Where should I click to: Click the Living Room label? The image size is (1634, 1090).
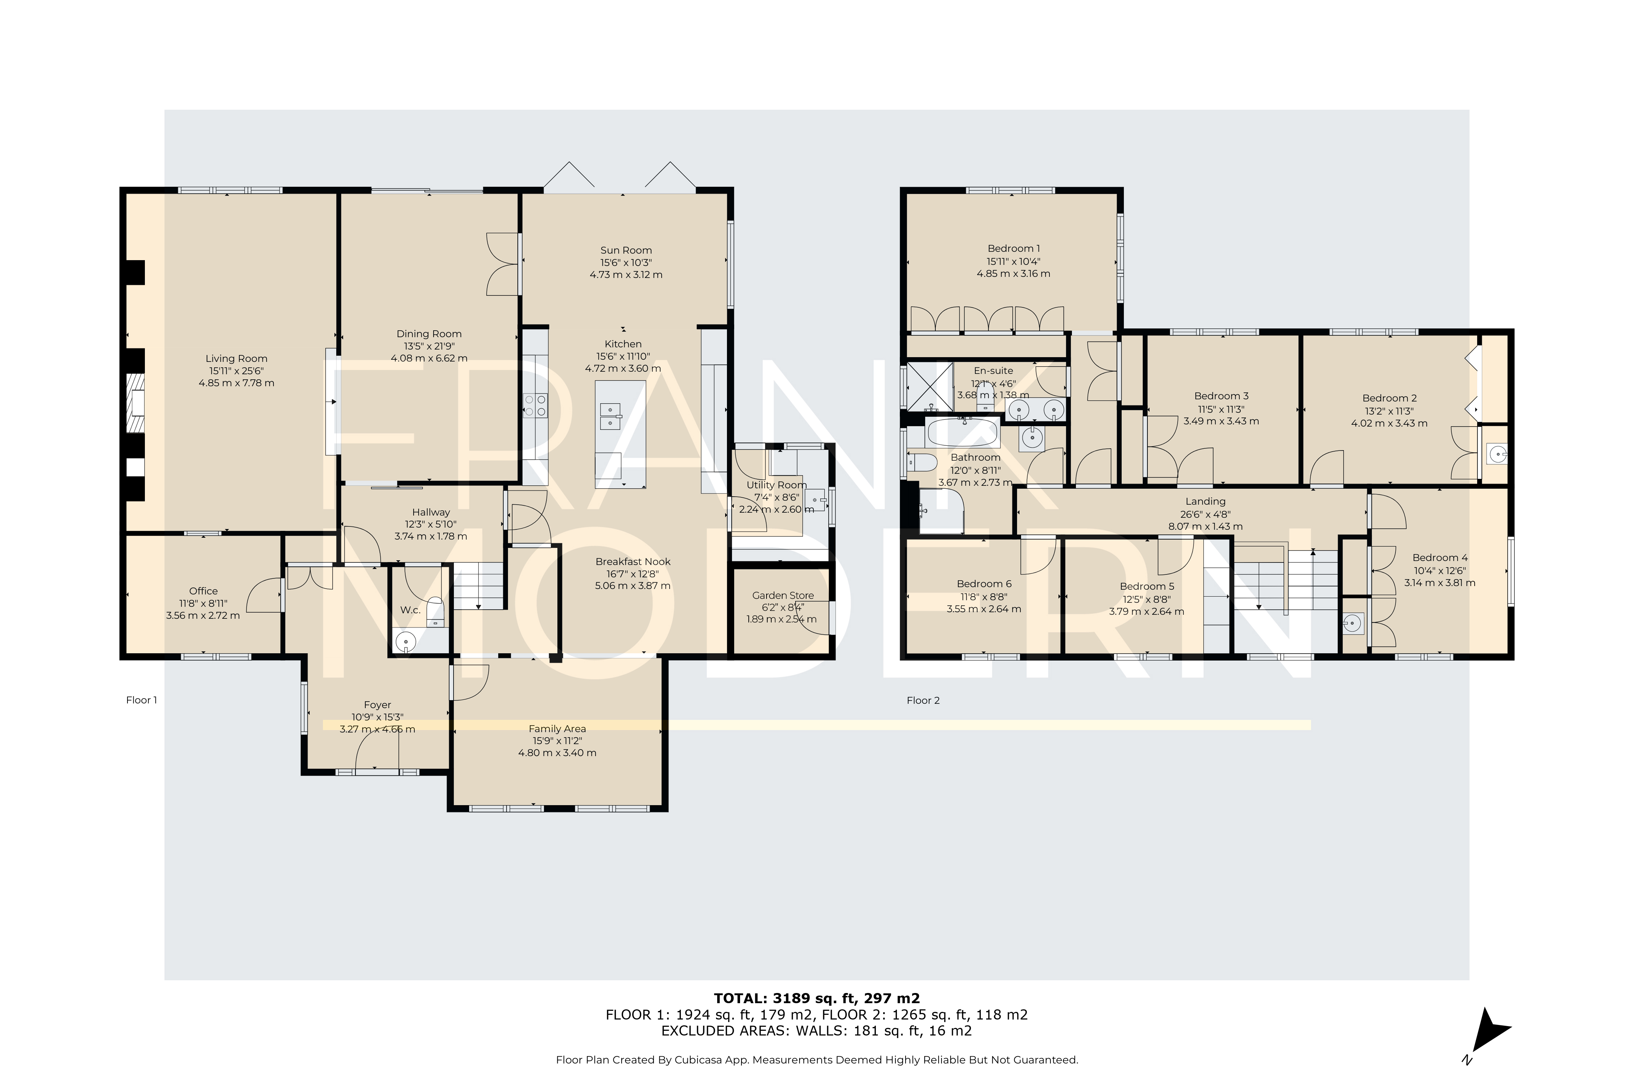tap(236, 359)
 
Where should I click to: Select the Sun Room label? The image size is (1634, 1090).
tap(626, 250)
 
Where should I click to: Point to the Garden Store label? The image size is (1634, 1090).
tap(783, 595)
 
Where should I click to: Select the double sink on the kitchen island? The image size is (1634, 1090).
tap(610, 416)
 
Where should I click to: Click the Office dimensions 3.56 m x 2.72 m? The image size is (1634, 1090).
tap(203, 615)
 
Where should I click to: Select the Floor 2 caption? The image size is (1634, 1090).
tap(923, 700)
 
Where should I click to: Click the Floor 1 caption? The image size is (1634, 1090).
tap(142, 700)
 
